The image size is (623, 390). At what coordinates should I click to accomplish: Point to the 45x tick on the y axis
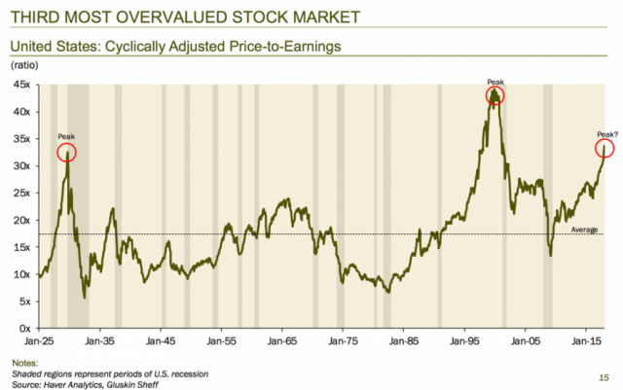(22, 85)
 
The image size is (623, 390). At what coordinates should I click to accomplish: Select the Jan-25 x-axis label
(40, 342)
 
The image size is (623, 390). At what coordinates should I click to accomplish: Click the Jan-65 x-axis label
(283, 342)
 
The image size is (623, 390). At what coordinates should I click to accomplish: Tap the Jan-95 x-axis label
(465, 342)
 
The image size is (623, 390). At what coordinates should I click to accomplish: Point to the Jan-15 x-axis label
(586, 342)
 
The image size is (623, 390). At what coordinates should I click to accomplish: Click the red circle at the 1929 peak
(66, 152)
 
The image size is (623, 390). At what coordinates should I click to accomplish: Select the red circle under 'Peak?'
(605, 148)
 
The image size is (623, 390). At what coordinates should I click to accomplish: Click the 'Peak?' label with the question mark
(605, 133)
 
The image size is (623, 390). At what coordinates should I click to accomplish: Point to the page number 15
(604, 374)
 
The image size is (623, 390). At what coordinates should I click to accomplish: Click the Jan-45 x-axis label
(162, 342)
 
